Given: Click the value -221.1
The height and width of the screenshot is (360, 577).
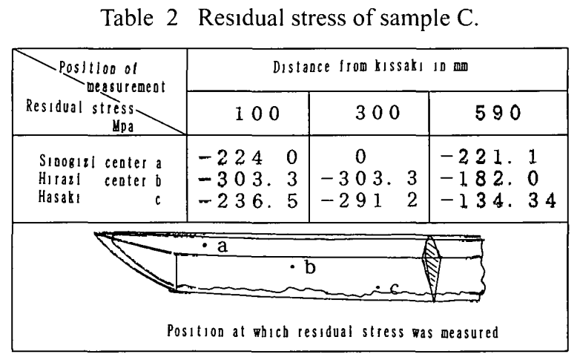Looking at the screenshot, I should coord(493,157).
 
